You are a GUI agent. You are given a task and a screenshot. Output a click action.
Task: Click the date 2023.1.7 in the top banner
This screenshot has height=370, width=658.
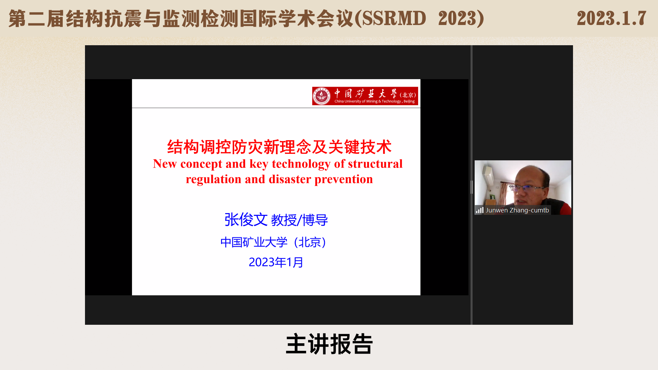pos(611,18)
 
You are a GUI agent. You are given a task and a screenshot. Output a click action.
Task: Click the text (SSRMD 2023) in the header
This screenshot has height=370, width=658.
pos(419,18)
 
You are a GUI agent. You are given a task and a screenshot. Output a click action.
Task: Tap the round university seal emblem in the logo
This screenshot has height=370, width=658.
pos(321,96)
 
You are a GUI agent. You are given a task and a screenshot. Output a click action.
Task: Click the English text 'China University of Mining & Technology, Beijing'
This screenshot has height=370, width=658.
pos(375,101)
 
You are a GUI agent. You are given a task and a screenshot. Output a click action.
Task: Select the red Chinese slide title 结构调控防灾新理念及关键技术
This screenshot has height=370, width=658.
pos(279,147)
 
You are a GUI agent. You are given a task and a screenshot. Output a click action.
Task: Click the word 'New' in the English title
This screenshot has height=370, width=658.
pos(165,164)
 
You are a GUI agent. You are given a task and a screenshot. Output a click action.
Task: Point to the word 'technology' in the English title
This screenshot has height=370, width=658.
pos(301,164)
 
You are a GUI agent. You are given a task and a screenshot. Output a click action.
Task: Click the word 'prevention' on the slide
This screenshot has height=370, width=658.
pos(344,180)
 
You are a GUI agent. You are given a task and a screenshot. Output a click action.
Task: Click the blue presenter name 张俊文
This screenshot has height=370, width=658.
pos(246,220)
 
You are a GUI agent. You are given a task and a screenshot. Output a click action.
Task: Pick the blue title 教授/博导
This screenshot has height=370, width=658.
pos(299,220)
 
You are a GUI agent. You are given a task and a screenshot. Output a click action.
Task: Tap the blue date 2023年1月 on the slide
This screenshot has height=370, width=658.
pos(276,262)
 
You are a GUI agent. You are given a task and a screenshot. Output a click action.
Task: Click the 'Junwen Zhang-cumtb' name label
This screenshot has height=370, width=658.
pos(517,210)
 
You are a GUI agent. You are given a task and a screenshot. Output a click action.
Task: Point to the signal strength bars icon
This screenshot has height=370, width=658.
pos(479,210)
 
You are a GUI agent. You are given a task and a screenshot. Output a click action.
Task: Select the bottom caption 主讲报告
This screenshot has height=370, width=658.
pos(329,344)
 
